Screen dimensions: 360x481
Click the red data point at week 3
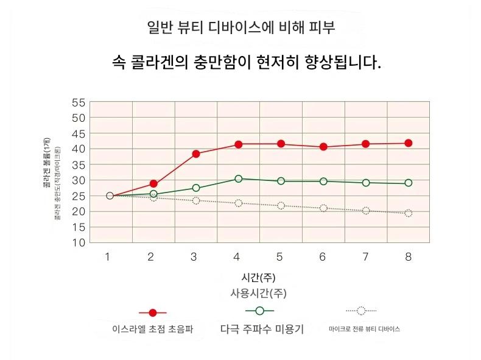196,154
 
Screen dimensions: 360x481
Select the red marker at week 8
409,143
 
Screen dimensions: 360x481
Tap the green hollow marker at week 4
239,178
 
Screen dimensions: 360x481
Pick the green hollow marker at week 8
409,183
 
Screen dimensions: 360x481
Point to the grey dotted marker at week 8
409,213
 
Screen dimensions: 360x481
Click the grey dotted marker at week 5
281,205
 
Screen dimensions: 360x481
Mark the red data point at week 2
153,183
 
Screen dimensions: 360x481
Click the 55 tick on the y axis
79,102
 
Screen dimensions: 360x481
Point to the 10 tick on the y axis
79,243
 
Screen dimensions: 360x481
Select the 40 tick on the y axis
79,149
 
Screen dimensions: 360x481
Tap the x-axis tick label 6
323,257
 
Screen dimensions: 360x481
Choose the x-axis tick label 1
107,257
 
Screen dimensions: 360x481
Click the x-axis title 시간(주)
258,278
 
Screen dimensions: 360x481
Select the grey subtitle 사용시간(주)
258,293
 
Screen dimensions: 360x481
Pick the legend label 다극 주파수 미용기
262,329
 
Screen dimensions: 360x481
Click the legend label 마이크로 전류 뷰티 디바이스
364,329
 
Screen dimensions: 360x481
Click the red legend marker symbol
153,312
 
